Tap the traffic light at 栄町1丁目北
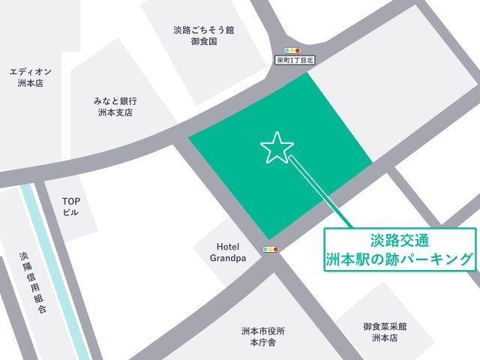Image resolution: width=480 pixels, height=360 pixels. [286, 50]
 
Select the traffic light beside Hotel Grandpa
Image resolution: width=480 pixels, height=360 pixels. [271, 249]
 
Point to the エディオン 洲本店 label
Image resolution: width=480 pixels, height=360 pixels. [30, 77]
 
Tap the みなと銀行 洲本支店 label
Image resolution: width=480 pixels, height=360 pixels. [115, 106]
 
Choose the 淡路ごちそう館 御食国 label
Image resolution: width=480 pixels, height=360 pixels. [203, 36]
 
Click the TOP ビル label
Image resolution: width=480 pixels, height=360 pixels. [70, 206]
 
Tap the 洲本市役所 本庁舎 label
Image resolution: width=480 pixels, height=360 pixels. [262, 336]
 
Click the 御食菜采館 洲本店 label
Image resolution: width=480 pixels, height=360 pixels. [385, 332]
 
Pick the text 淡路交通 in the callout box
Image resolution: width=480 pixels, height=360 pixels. [400, 241]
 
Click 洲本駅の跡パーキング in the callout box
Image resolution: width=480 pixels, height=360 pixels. [400, 259]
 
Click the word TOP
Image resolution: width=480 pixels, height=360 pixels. [70, 200]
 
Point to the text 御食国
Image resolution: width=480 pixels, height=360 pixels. [203, 42]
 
